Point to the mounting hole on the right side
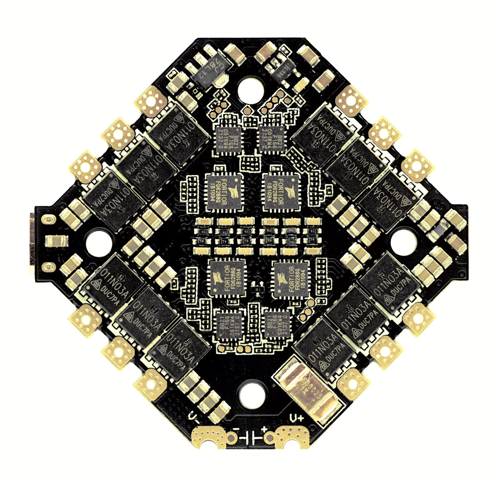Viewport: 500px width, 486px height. (x=403, y=241)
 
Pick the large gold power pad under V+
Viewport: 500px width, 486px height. (x=292, y=437)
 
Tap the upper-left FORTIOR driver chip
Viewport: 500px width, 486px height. (x=224, y=192)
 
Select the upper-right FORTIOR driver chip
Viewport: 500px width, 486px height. (x=281, y=192)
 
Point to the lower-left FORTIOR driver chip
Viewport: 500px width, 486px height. (x=227, y=278)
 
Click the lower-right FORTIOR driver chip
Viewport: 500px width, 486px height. (x=290, y=279)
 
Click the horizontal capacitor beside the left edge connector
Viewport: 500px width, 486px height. (x=58, y=241)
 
